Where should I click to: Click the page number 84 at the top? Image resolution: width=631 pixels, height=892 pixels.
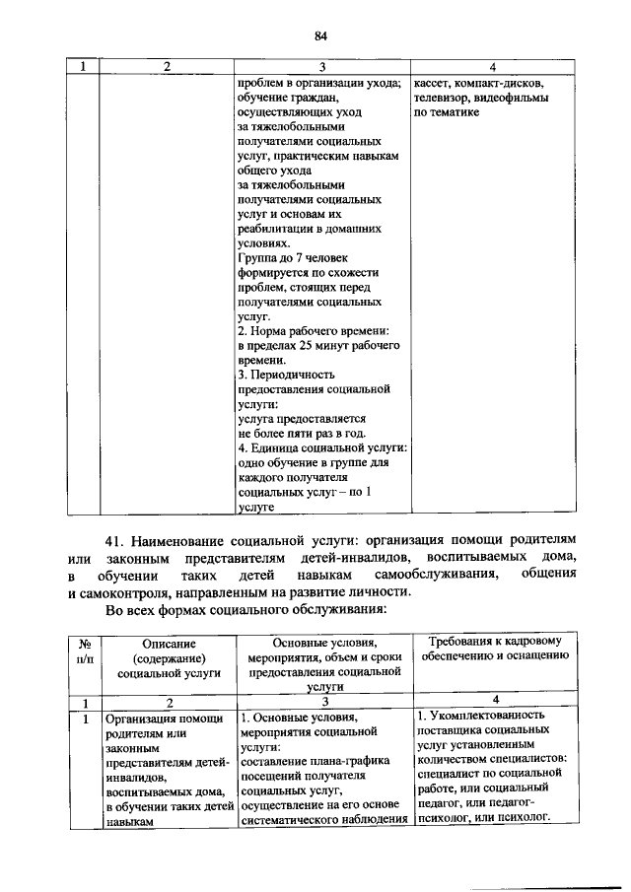(x=320, y=36)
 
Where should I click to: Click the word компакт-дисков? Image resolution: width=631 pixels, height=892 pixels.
(x=499, y=83)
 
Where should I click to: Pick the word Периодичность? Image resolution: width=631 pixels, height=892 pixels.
(x=294, y=375)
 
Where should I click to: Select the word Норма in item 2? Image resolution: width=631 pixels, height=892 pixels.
(x=273, y=330)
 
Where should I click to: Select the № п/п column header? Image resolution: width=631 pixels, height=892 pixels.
(x=84, y=651)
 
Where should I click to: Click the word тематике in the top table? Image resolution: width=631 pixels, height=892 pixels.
(x=456, y=112)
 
